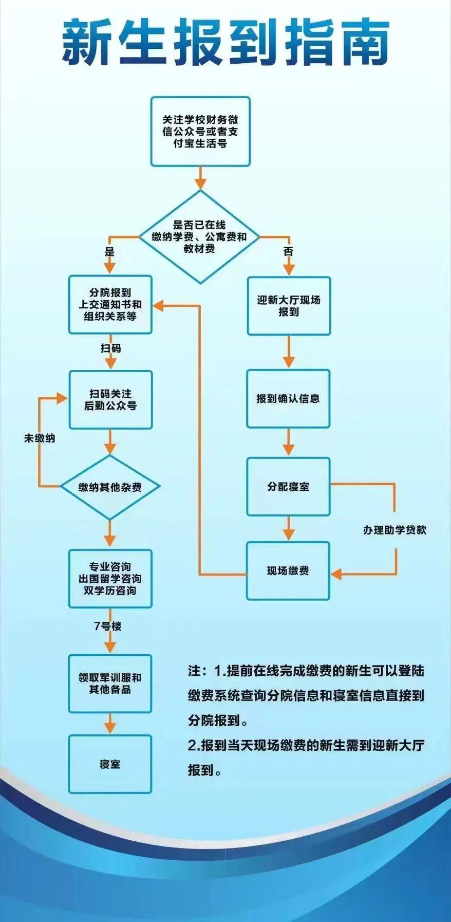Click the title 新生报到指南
[x=225, y=44]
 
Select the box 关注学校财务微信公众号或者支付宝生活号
[x=200, y=132]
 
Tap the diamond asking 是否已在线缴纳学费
[x=200, y=237]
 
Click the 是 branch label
[x=109, y=252]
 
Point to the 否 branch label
[x=288, y=251]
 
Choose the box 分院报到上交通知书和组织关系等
[x=110, y=305]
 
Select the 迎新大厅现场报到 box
[x=288, y=306]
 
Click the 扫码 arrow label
[x=110, y=348]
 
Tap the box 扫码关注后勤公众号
[x=110, y=399]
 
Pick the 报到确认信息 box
[x=288, y=398]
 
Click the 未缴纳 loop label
[x=40, y=438]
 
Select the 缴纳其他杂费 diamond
[x=110, y=487]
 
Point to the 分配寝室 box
[x=288, y=486]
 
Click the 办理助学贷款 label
[x=394, y=530]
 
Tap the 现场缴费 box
[x=288, y=570]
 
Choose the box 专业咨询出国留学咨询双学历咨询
[x=110, y=579]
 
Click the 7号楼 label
[x=108, y=626]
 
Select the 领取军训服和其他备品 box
[x=110, y=683]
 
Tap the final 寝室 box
[x=110, y=764]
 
